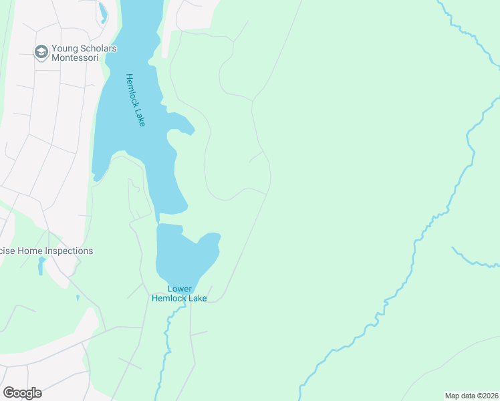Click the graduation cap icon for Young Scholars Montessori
point(41,51)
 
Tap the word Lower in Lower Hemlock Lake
point(179,289)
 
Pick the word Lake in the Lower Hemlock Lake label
point(198,298)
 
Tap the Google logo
point(22,393)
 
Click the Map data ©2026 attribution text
point(471,396)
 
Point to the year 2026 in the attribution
point(489,396)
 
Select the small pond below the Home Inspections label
point(41,267)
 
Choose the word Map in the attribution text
point(453,396)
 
